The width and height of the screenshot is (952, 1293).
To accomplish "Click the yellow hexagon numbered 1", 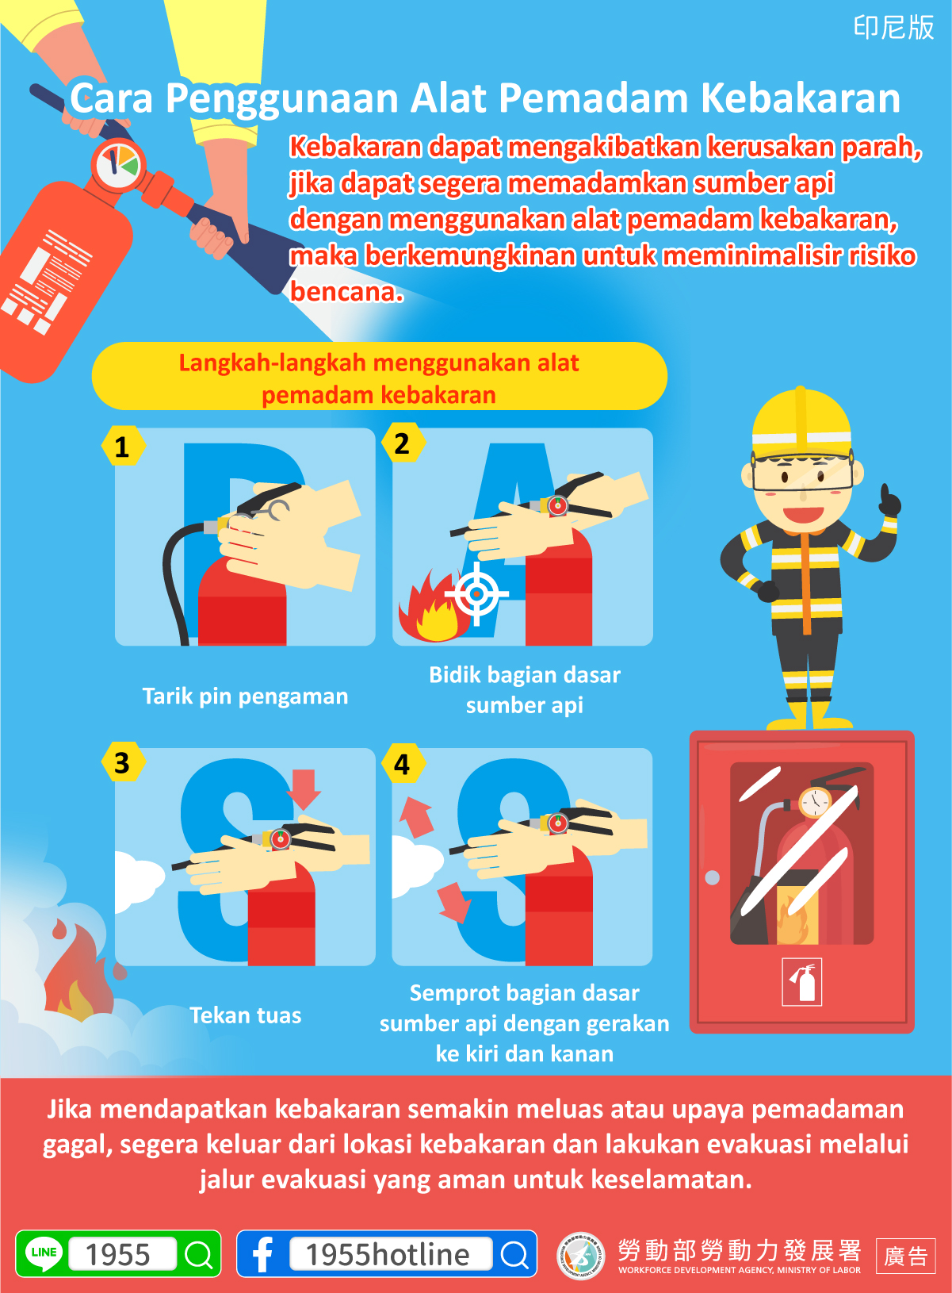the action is [123, 446].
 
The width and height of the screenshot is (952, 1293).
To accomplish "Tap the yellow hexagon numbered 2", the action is [403, 443].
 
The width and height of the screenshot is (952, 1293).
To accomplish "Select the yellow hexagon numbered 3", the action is [123, 762].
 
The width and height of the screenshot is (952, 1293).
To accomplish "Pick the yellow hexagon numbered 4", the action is [403, 763].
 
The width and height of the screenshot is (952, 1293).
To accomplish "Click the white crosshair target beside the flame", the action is [476, 593].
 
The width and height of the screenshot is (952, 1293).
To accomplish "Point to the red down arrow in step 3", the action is [304, 789].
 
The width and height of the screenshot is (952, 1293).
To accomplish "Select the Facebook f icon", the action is [262, 1254].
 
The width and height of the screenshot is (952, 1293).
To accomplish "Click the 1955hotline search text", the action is [387, 1254].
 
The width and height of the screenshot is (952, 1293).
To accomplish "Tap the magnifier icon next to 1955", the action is [199, 1254].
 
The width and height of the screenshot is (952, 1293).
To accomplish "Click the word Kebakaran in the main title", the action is [801, 98].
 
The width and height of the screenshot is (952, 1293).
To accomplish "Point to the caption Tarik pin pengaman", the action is [245, 696].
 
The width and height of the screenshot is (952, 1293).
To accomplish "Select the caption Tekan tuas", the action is [245, 1015].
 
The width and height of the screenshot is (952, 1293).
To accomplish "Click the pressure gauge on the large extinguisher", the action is [118, 165].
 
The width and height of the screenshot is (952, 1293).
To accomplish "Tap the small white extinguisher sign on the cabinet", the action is [802, 982].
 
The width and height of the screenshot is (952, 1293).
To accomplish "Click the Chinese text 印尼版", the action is [893, 27].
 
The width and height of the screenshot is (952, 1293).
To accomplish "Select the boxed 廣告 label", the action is [905, 1256].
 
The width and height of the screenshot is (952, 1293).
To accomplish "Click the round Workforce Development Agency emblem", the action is [581, 1255].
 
